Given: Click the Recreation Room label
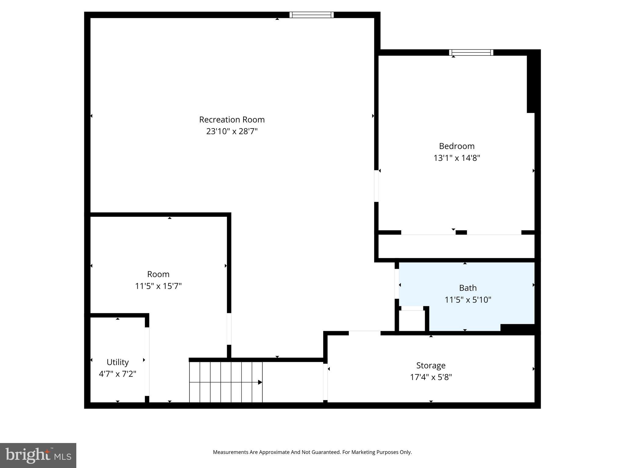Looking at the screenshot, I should click(232, 119).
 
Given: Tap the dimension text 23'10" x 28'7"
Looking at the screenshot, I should click(232, 131).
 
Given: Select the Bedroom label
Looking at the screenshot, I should click(457, 146).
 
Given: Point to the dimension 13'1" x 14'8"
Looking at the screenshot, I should click(457, 158).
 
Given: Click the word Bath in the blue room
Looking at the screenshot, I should click(468, 288).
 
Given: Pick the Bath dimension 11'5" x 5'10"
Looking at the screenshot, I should click(468, 300).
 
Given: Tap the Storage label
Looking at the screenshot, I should click(431, 365).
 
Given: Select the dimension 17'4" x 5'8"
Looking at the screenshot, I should click(431, 377).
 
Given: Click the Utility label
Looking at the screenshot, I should click(117, 362).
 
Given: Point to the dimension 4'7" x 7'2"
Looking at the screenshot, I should click(117, 374).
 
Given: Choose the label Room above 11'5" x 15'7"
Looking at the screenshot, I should click(158, 274).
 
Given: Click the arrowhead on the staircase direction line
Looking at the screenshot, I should click(260, 382).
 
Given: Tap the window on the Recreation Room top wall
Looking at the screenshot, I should click(311, 15).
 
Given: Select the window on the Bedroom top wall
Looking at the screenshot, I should click(471, 52).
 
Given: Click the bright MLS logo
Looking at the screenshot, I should click(38, 455).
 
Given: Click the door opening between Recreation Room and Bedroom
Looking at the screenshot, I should click(376, 186).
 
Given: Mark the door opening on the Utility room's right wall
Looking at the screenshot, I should click(147, 361).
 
